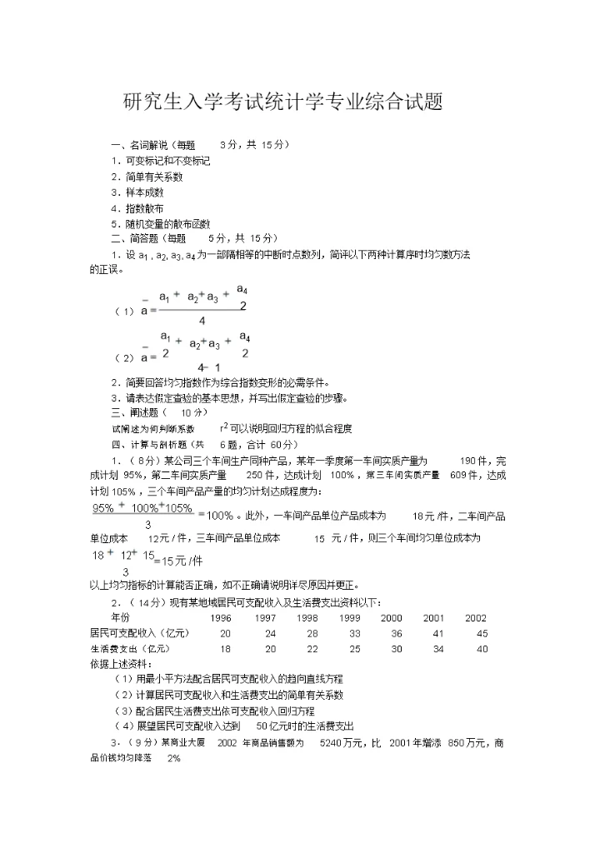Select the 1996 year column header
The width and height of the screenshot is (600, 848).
coord(220,618)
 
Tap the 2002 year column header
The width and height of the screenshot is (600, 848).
coord(476,618)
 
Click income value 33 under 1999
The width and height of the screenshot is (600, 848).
coord(354,633)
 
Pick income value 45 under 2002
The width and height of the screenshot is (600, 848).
coord(482,633)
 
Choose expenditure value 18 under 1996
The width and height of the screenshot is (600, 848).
coord(225,648)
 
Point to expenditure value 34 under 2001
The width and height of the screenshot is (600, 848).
coord(438,648)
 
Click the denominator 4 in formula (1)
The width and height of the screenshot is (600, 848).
coord(202,320)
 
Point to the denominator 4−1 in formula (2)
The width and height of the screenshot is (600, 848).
coord(208,367)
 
